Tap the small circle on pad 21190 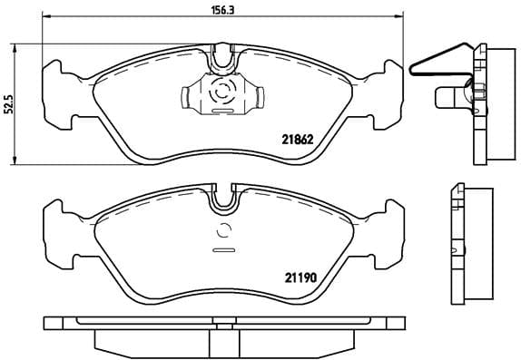[x=223, y=230]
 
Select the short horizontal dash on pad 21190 [x=223, y=248]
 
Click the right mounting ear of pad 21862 [x=385, y=86]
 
